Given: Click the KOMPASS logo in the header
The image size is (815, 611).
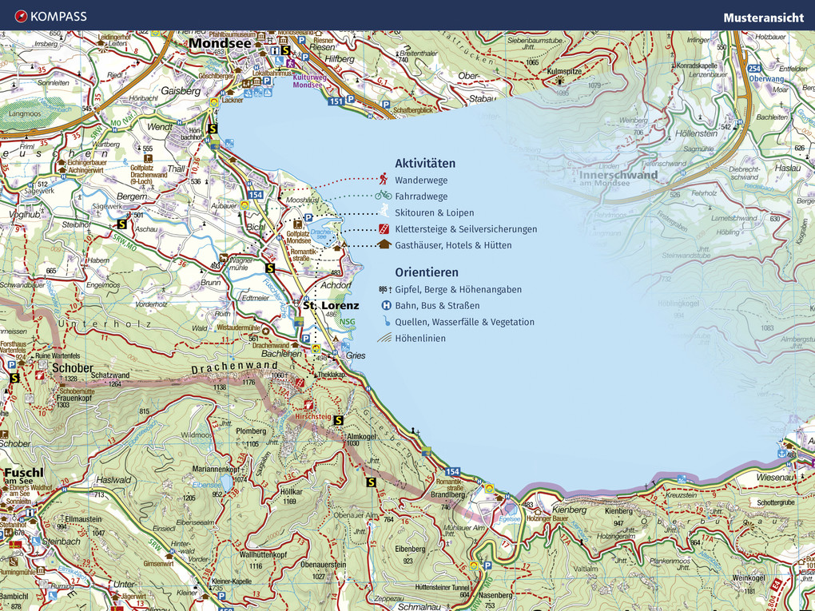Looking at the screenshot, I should point(50,16).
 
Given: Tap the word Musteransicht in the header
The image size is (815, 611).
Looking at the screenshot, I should point(763,17).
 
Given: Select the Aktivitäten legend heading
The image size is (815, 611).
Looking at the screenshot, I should point(425,164).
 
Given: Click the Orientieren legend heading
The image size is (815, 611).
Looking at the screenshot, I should point(427,272).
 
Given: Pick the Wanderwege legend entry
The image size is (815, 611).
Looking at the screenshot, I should point(421,181).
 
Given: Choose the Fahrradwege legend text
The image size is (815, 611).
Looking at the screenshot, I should point(421,196).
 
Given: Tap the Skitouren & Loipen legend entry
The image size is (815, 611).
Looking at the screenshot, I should point(434,213).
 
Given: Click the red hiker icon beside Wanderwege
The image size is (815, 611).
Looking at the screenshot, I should point(384,179).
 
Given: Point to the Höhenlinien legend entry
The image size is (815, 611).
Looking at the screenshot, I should point(420,339).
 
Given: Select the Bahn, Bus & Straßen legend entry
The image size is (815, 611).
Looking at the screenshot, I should point(437,306).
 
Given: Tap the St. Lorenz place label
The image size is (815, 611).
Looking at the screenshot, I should point(331,305).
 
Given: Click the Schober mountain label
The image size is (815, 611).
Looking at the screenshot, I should point(68,368).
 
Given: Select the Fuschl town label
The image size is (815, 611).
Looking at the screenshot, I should point(23,472).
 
